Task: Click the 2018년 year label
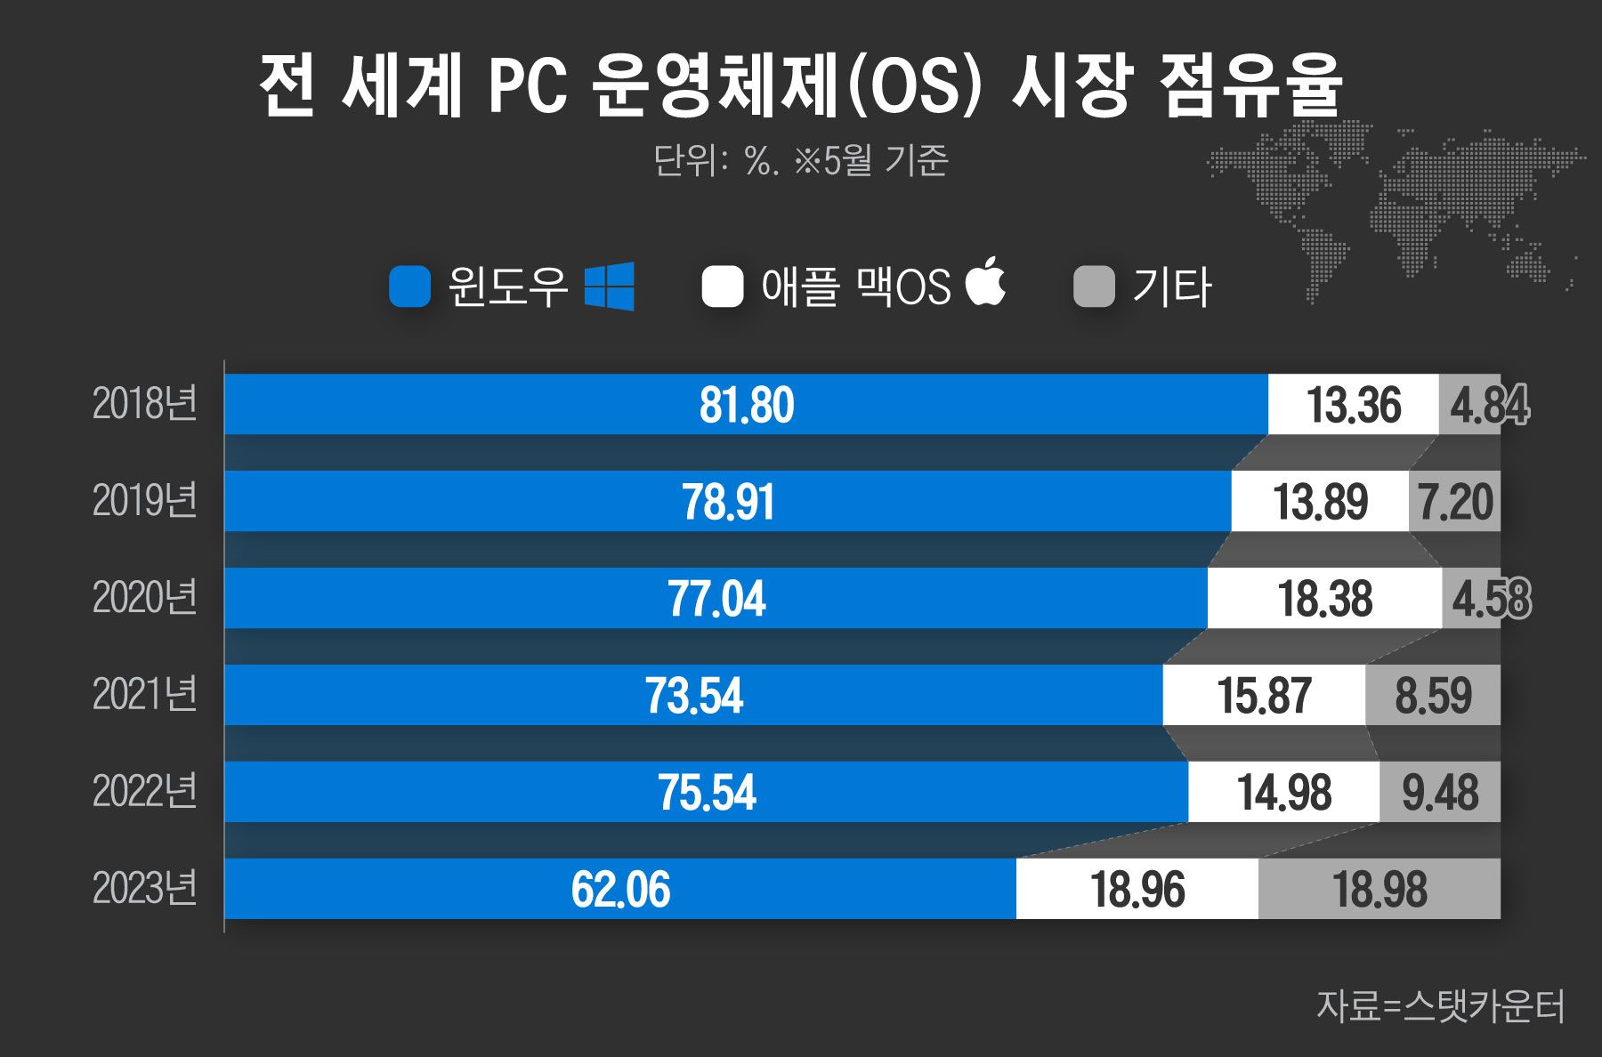[x=144, y=404]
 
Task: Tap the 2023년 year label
[x=144, y=888]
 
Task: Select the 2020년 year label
[x=144, y=597]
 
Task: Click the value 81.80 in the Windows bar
[x=746, y=405]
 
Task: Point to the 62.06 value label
[x=620, y=889]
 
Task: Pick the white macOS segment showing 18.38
[x=1325, y=598]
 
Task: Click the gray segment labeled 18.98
[x=1379, y=889]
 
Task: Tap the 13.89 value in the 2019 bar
[x=1320, y=502]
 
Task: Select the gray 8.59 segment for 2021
[x=1433, y=695]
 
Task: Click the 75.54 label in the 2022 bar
[x=707, y=792]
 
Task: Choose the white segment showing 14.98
[x=1283, y=792]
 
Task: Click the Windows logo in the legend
[x=610, y=286]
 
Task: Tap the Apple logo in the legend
[x=986, y=282]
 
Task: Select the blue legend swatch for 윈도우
[x=410, y=286]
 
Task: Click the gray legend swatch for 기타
[x=1094, y=286]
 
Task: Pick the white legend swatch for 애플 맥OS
[x=722, y=286]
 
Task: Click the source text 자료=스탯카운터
[x=1440, y=1005]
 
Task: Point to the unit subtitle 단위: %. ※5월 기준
[x=801, y=161]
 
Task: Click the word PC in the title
[x=528, y=86]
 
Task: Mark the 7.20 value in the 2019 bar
[x=1455, y=502]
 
